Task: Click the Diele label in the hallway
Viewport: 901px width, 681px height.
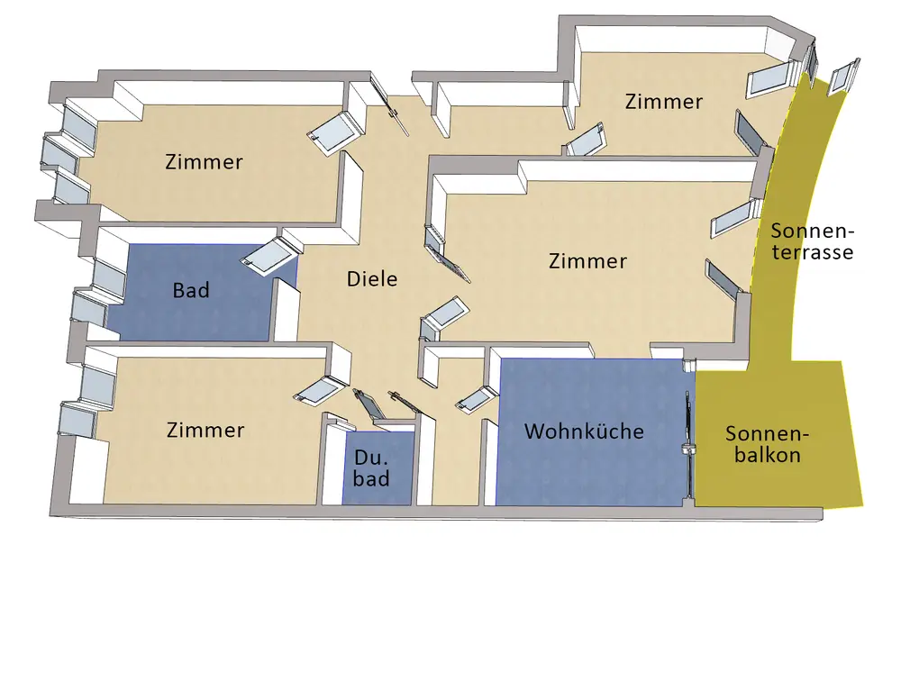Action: pos(372,279)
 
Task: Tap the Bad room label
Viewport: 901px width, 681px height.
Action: pos(191,290)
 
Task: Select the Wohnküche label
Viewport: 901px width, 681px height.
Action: pos(584,431)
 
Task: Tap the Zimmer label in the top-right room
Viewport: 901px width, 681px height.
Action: pos(663,102)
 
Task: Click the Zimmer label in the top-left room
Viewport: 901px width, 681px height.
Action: pos(204,162)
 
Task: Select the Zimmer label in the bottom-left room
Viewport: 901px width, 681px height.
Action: pos(205,431)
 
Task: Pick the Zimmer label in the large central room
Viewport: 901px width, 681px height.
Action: pos(587,261)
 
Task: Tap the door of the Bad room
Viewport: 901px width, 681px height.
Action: pos(267,256)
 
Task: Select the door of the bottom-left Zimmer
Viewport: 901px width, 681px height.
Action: pos(314,390)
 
